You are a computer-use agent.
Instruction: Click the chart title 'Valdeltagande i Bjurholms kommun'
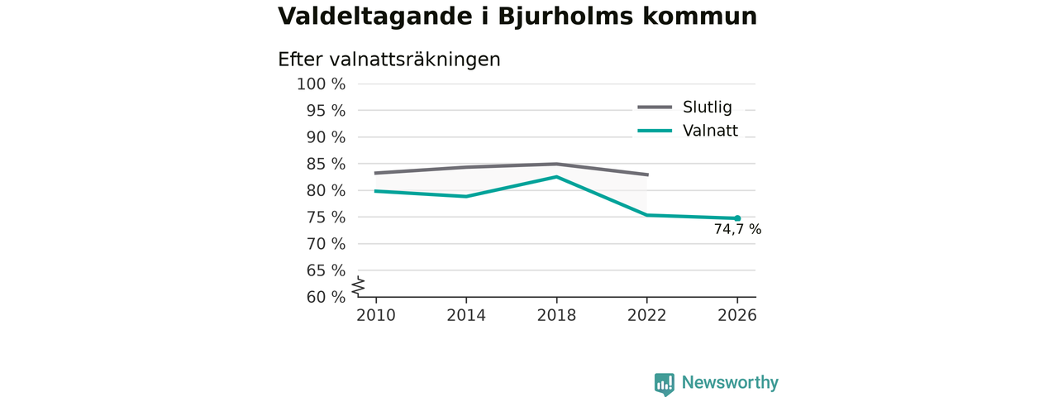(x=517, y=17)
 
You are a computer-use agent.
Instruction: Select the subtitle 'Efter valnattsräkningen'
(x=388, y=60)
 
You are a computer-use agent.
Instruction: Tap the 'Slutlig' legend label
(x=707, y=108)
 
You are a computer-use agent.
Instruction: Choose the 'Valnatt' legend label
(x=710, y=131)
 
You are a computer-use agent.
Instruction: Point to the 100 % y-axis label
(x=322, y=84)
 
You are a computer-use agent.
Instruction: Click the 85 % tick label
(x=326, y=164)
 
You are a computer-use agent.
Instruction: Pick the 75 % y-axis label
(x=326, y=218)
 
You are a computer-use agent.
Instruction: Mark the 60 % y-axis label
(x=326, y=297)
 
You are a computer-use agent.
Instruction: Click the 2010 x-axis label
(x=376, y=315)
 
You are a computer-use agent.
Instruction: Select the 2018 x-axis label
(x=556, y=315)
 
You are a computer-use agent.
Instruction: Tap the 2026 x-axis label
(x=736, y=315)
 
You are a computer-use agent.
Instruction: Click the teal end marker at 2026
(x=737, y=218)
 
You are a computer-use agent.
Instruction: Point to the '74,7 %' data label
(x=737, y=229)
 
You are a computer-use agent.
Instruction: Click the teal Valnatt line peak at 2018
(x=557, y=177)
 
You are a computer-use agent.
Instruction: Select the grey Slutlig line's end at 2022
(x=647, y=175)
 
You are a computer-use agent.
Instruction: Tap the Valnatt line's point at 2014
(x=466, y=196)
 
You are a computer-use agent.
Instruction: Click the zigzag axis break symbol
(x=359, y=286)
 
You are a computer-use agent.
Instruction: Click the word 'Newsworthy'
(x=730, y=382)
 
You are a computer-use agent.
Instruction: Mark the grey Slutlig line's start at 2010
(x=376, y=173)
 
